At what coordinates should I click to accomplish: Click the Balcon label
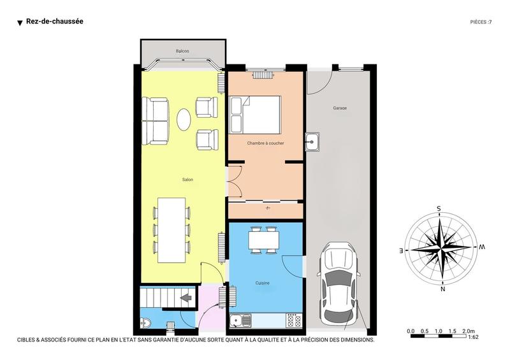[x=182, y=51]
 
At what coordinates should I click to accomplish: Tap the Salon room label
[x=187, y=180]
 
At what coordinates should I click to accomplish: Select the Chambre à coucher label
[x=266, y=143]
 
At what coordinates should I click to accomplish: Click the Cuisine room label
[x=262, y=283]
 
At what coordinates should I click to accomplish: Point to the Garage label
[x=340, y=108]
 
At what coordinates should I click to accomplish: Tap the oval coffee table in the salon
[x=184, y=119]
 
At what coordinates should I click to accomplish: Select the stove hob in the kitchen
[x=293, y=319]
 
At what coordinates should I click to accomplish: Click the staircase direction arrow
[x=187, y=297]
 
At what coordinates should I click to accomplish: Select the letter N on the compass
[x=442, y=289]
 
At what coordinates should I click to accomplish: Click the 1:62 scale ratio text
[x=473, y=337]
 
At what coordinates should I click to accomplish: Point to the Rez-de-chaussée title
[x=55, y=22]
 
